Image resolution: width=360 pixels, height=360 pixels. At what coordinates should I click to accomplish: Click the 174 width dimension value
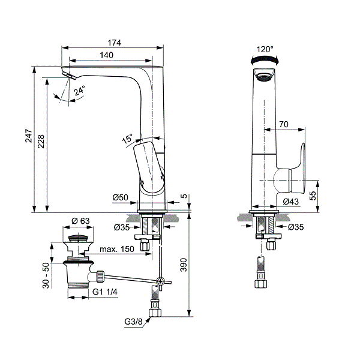pos(114,43)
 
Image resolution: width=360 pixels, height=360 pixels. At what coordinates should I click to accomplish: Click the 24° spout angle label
pos(79,91)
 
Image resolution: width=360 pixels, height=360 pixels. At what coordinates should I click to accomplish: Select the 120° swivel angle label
pos(265,50)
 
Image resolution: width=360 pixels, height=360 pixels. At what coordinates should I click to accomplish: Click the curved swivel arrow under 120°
pos(265,59)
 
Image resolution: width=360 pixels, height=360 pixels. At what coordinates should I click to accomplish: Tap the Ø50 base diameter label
pos(121,197)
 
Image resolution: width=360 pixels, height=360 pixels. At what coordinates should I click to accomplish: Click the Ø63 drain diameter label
pos(80,221)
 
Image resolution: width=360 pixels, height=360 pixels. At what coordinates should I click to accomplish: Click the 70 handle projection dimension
pos(284,124)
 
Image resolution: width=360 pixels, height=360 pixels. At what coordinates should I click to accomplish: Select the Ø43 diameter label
pos(291,201)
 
